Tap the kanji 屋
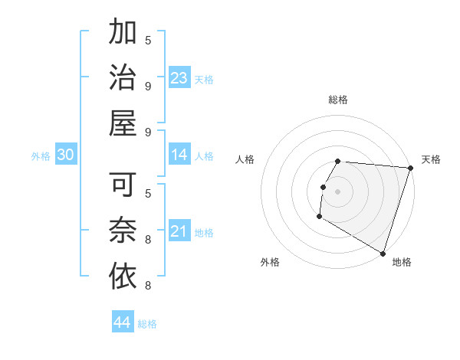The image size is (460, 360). (x=123, y=122)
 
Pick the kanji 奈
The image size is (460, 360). (x=123, y=230)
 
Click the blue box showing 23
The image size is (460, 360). (x=179, y=78)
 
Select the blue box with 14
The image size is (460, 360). (x=179, y=155)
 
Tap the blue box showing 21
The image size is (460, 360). (x=179, y=231)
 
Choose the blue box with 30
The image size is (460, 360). (x=65, y=155)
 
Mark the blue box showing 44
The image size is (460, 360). (x=122, y=322)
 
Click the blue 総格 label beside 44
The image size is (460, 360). (x=147, y=324)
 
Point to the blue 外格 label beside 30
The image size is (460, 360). (x=41, y=156)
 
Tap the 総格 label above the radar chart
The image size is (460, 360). (x=337, y=100)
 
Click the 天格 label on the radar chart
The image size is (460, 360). (x=431, y=159)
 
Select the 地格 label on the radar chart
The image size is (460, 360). (x=402, y=262)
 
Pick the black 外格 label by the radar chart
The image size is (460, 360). (x=270, y=262)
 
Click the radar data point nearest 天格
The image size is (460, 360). (x=410, y=168)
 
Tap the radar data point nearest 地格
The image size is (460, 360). (x=382, y=253)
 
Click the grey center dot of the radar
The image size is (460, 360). (x=337, y=191)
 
